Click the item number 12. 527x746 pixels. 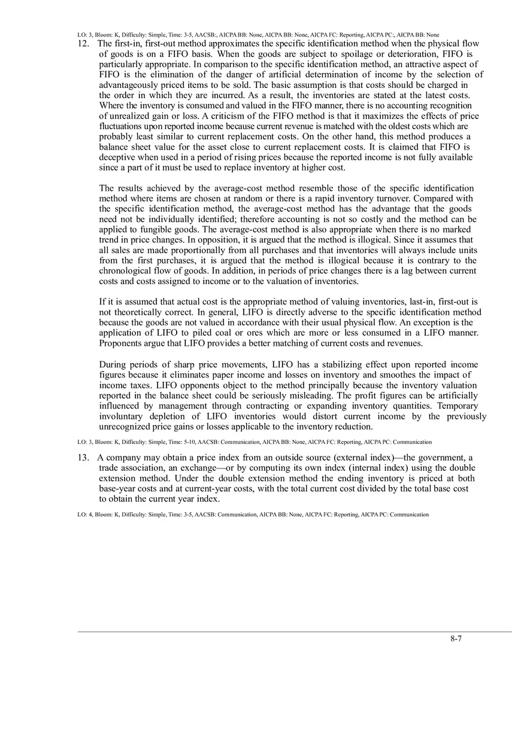coord(83,44)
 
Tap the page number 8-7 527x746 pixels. coord(456,638)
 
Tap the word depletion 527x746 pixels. coord(175,416)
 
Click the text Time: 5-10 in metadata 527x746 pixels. coord(200,442)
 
